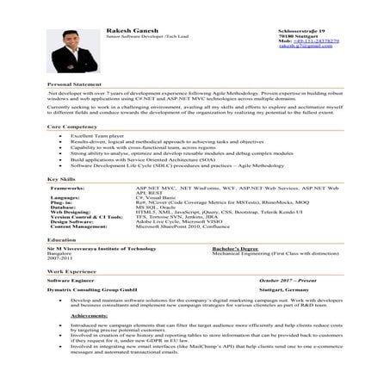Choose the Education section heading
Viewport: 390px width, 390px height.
pyautogui.click(x=61, y=239)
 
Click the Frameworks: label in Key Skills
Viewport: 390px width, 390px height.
pyautogui.click(x=68, y=186)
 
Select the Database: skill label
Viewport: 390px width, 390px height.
pyautogui.click(x=64, y=207)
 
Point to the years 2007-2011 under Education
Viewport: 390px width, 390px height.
pyautogui.click(x=58, y=257)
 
